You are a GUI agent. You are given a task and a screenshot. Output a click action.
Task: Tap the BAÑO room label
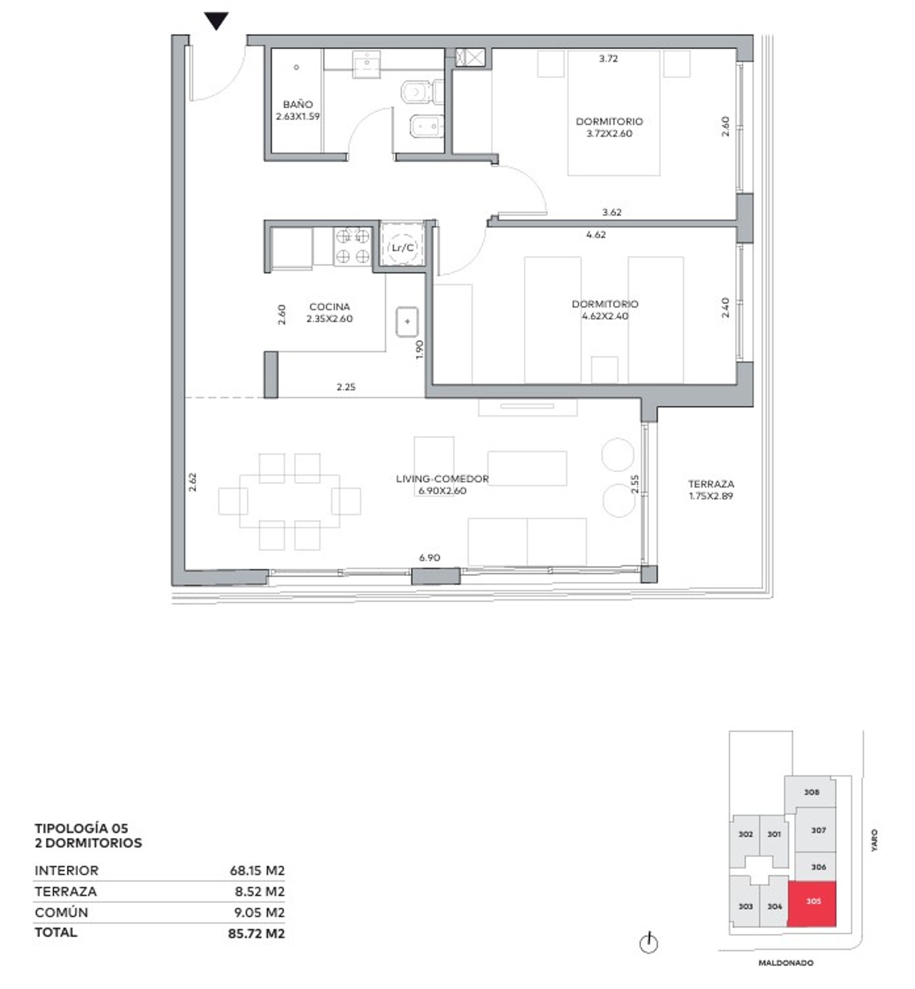(x=298, y=104)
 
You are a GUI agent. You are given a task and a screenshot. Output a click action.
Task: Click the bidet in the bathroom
(x=427, y=127)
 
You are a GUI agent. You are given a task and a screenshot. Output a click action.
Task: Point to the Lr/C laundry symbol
(x=403, y=247)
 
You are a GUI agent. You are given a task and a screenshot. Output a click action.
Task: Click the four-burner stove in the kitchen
(x=353, y=246)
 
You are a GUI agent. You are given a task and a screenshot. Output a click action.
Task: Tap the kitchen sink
(x=407, y=321)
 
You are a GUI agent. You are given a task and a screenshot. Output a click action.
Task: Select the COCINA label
(x=330, y=307)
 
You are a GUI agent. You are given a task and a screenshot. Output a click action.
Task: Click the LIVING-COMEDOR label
(x=442, y=479)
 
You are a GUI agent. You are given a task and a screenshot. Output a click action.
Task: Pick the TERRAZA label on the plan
(x=711, y=484)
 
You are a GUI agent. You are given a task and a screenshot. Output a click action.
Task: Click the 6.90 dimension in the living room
(x=429, y=557)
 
